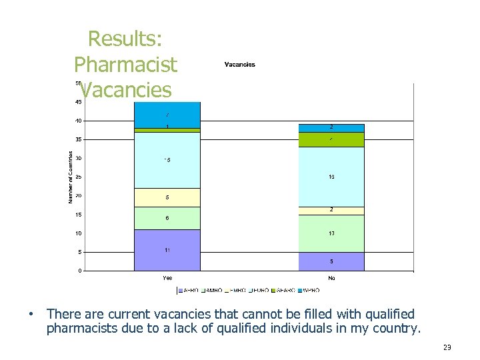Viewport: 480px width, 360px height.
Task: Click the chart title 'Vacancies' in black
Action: [x=239, y=65]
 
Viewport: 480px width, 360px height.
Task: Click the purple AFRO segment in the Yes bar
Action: [x=167, y=250]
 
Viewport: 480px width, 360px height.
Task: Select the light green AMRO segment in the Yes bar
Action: [x=167, y=219]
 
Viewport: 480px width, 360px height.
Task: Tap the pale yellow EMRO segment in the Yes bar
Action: [x=167, y=198]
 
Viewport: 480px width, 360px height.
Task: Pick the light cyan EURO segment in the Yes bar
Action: [x=167, y=160]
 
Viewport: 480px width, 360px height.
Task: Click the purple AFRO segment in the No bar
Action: [x=331, y=261]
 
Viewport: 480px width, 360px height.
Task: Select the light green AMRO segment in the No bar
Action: [x=331, y=233]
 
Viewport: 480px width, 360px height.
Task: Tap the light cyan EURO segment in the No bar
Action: [x=331, y=177]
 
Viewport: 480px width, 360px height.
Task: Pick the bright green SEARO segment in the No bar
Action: [x=331, y=139]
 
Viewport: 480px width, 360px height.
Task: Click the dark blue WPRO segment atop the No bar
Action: [x=331, y=127]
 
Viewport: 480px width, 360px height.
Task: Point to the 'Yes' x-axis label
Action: [x=167, y=277]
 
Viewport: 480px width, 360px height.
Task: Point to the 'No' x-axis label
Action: [x=331, y=277]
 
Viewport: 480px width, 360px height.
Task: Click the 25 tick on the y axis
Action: [x=78, y=177]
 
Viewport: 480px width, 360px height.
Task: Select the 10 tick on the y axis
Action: [x=78, y=233]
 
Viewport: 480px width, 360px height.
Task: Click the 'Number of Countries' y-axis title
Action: [x=70, y=177]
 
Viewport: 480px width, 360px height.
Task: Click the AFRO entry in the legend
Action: [x=188, y=290]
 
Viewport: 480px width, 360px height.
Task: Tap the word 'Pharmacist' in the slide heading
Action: [x=125, y=65]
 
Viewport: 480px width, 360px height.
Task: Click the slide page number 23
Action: [x=447, y=347]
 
